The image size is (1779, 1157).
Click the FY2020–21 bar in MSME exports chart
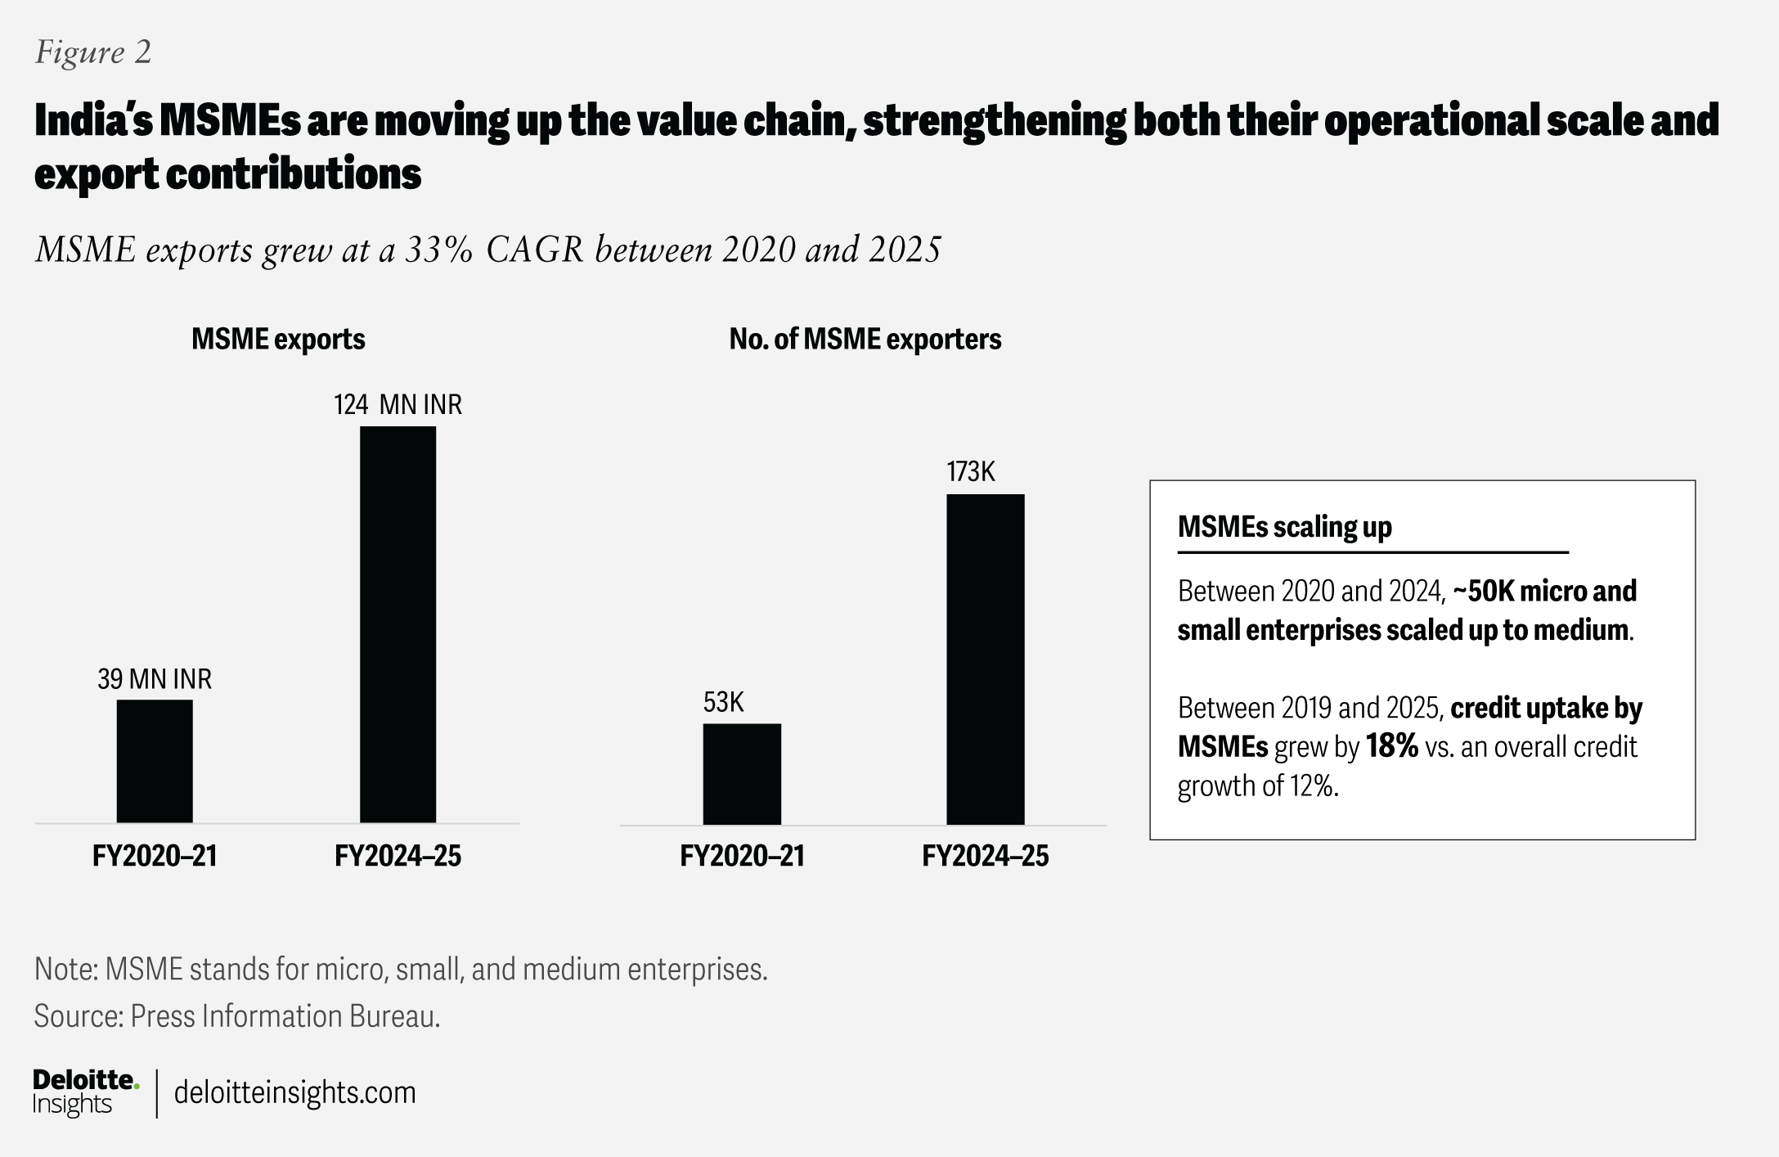(155, 761)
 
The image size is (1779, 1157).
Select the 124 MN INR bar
(398, 624)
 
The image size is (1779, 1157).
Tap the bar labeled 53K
(742, 774)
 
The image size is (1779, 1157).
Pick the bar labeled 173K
(985, 660)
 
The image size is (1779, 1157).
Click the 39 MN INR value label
(155, 679)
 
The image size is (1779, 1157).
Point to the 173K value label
(971, 472)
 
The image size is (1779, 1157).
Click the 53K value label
(723, 702)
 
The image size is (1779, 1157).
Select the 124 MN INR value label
(398, 405)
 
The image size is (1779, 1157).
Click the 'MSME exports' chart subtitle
(278, 340)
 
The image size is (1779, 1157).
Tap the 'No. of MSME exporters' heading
(865, 340)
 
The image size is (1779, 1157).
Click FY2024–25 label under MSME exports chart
(398, 857)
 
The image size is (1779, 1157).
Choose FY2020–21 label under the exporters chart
(742, 857)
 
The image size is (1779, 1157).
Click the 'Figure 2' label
(93, 53)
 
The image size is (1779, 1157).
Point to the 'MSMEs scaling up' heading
(1284, 527)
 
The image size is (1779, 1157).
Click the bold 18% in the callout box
(1391, 747)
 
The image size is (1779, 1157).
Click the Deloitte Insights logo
(85, 1092)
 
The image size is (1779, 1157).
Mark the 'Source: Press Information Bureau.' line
(237, 1016)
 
